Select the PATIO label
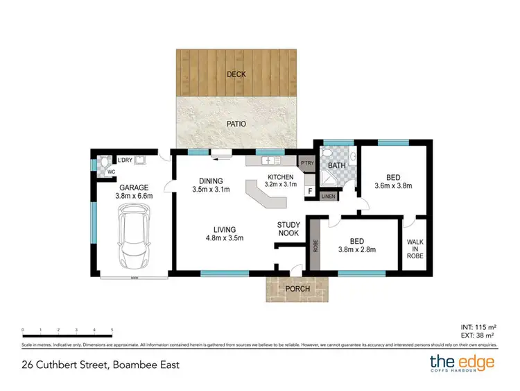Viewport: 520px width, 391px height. (237, 124)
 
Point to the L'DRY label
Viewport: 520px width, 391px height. (125, 160)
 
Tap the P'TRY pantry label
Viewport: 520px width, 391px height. (307, 162)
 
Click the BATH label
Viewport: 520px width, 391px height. (337, 165)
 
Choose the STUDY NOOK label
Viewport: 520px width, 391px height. (288, 228)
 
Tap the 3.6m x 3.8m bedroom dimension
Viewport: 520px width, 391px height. (393, 185)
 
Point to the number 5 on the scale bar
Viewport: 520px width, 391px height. (112, 330)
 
